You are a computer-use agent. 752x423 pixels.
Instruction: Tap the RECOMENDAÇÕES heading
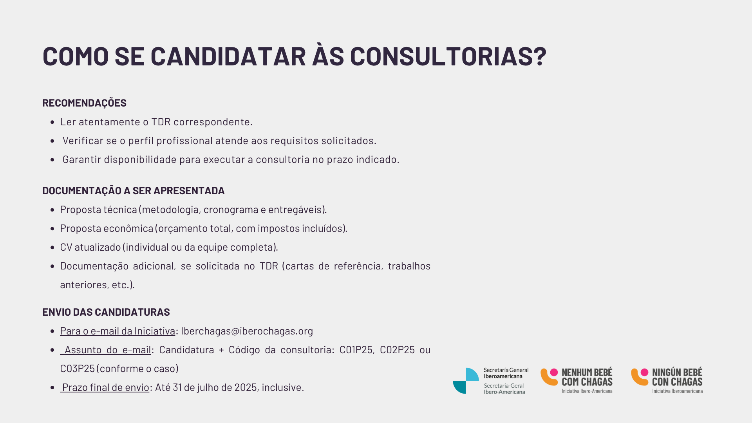[x=84, y=103]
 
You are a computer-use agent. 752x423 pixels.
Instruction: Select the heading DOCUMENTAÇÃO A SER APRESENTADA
[x=133, y=191]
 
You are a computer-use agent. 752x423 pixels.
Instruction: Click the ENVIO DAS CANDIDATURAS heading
[x=106, y=312]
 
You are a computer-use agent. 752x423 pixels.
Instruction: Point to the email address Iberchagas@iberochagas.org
[x=247, y=331]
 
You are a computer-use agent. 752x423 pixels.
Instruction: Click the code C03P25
[x=77, y=369]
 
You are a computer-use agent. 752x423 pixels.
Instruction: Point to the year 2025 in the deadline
[x=246, y=387]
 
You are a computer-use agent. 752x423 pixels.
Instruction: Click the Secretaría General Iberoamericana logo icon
[x=466, y=381]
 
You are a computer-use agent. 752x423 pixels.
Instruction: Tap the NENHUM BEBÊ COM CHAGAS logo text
[x=587, y=377]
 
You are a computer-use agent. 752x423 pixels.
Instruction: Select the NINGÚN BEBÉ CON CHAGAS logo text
[x=677, y=377]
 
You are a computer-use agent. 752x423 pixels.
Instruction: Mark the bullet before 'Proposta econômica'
[x=52, y=229]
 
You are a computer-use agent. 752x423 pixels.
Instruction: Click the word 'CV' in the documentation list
[x=66, y=247]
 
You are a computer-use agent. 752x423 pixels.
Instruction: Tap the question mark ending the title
[x=540, y=56]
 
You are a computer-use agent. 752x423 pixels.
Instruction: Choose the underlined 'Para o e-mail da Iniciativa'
[x=117, y=331]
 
